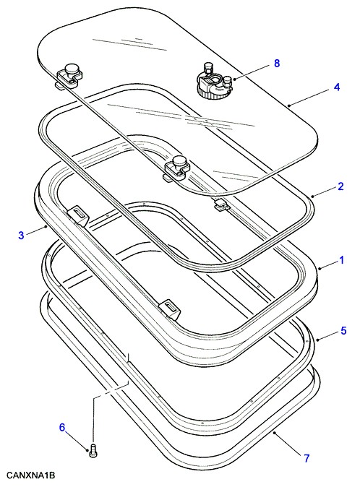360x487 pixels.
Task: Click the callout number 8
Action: [276, 64]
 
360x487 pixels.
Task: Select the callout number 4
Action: [337, 87]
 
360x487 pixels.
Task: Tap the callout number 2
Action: [340, 186]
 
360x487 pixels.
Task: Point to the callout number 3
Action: [21, 235]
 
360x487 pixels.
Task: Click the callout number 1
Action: [341, 260]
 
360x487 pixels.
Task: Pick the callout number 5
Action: [343, 331]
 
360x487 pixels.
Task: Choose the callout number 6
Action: [62, 427]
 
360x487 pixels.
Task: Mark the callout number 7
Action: [307, 458]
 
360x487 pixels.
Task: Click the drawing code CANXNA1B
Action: [30, 475]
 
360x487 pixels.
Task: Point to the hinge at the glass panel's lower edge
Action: [176, 168]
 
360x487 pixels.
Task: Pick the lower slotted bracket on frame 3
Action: [170, 309]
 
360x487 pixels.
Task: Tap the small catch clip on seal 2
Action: [220, 204]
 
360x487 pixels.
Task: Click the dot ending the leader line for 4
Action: [289, 105]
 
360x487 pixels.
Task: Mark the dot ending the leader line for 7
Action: [274, 432]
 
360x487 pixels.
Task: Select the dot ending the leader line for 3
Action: [46, 227]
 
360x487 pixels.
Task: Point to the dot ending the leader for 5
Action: [317, 340]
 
